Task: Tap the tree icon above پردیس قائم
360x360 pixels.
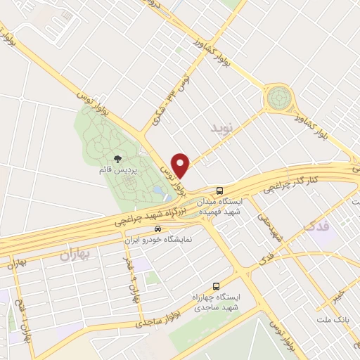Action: click(116, 159)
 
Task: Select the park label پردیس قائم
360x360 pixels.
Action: click(117, 170)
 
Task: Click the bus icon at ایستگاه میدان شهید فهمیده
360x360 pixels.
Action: click(220, 190)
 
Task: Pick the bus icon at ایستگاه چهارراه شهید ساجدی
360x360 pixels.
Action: click(216, 286)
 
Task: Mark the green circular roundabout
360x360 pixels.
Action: click(279, 97)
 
